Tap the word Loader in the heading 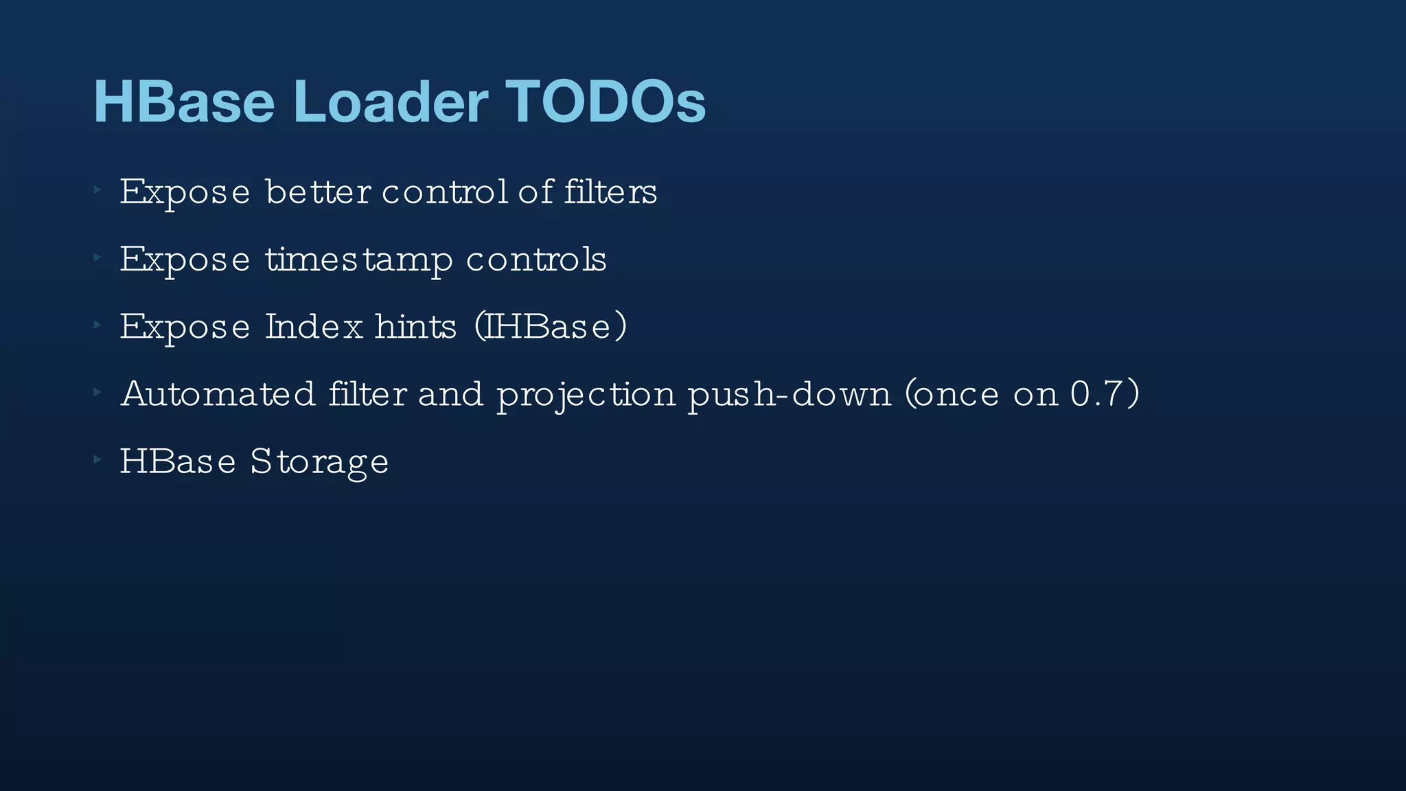391,102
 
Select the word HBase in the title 184,102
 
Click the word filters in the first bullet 610,191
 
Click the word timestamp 359,260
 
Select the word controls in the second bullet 536,259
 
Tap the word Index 314,326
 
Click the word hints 415,326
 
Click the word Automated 218,393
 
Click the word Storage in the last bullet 319,461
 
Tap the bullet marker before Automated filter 97,391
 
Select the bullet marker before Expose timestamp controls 97,257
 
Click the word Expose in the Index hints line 185,327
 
